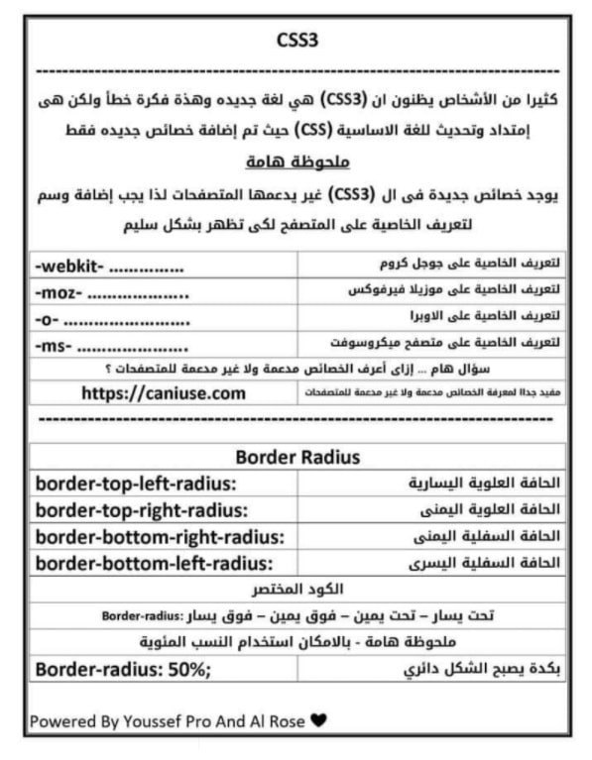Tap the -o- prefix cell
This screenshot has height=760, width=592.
pyautogui.click(x=109, y=319)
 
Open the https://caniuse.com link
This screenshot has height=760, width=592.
pyautogui.click(x=164, y=393)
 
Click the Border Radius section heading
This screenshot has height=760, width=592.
pyautogui.click(x=296, y=457)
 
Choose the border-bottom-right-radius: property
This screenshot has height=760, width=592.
pyautogui.click(x=160, y=537)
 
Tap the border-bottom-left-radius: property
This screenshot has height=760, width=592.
pyautogui.click(x=154, y=564)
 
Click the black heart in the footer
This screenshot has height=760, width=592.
pyautogui.click(x=317, y=720)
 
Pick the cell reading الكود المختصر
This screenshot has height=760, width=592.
pyautogui.click(x=296, y=590)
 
